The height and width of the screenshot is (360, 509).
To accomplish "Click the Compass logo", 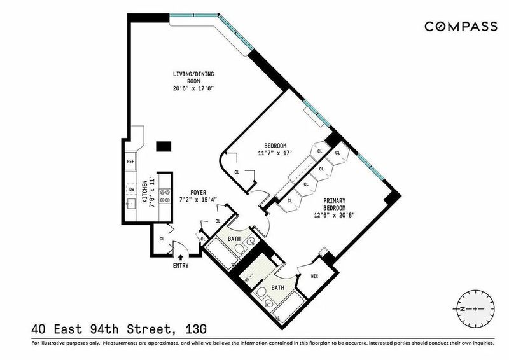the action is point(461,26).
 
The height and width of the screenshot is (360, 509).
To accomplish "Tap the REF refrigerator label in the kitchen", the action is point(130,161).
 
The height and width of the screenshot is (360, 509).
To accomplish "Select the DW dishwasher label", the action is point(132,190).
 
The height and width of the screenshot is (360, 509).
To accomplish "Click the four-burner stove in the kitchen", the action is point(164,196).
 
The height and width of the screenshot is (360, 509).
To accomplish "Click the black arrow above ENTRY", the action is point(181,258).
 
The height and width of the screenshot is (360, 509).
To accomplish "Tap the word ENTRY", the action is point(181,265).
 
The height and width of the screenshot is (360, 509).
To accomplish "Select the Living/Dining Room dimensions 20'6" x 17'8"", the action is point(193,88).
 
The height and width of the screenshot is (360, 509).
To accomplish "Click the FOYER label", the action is point(198,193).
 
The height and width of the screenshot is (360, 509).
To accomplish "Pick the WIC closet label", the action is point(314,276).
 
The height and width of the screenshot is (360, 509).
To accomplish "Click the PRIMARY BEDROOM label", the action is point(334,204).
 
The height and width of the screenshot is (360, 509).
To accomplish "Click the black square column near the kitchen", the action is point(164,146).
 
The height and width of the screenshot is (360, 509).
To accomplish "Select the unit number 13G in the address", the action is point(196,330).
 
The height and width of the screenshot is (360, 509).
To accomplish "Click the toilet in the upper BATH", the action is point(241,250).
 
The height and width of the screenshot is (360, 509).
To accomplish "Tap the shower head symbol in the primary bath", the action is point(248,279).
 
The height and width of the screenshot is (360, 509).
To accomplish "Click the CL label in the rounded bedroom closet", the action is point(237,172).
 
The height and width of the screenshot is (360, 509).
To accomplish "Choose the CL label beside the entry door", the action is point(162,239).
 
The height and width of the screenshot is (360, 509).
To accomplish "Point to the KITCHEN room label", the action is point(145,191).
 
